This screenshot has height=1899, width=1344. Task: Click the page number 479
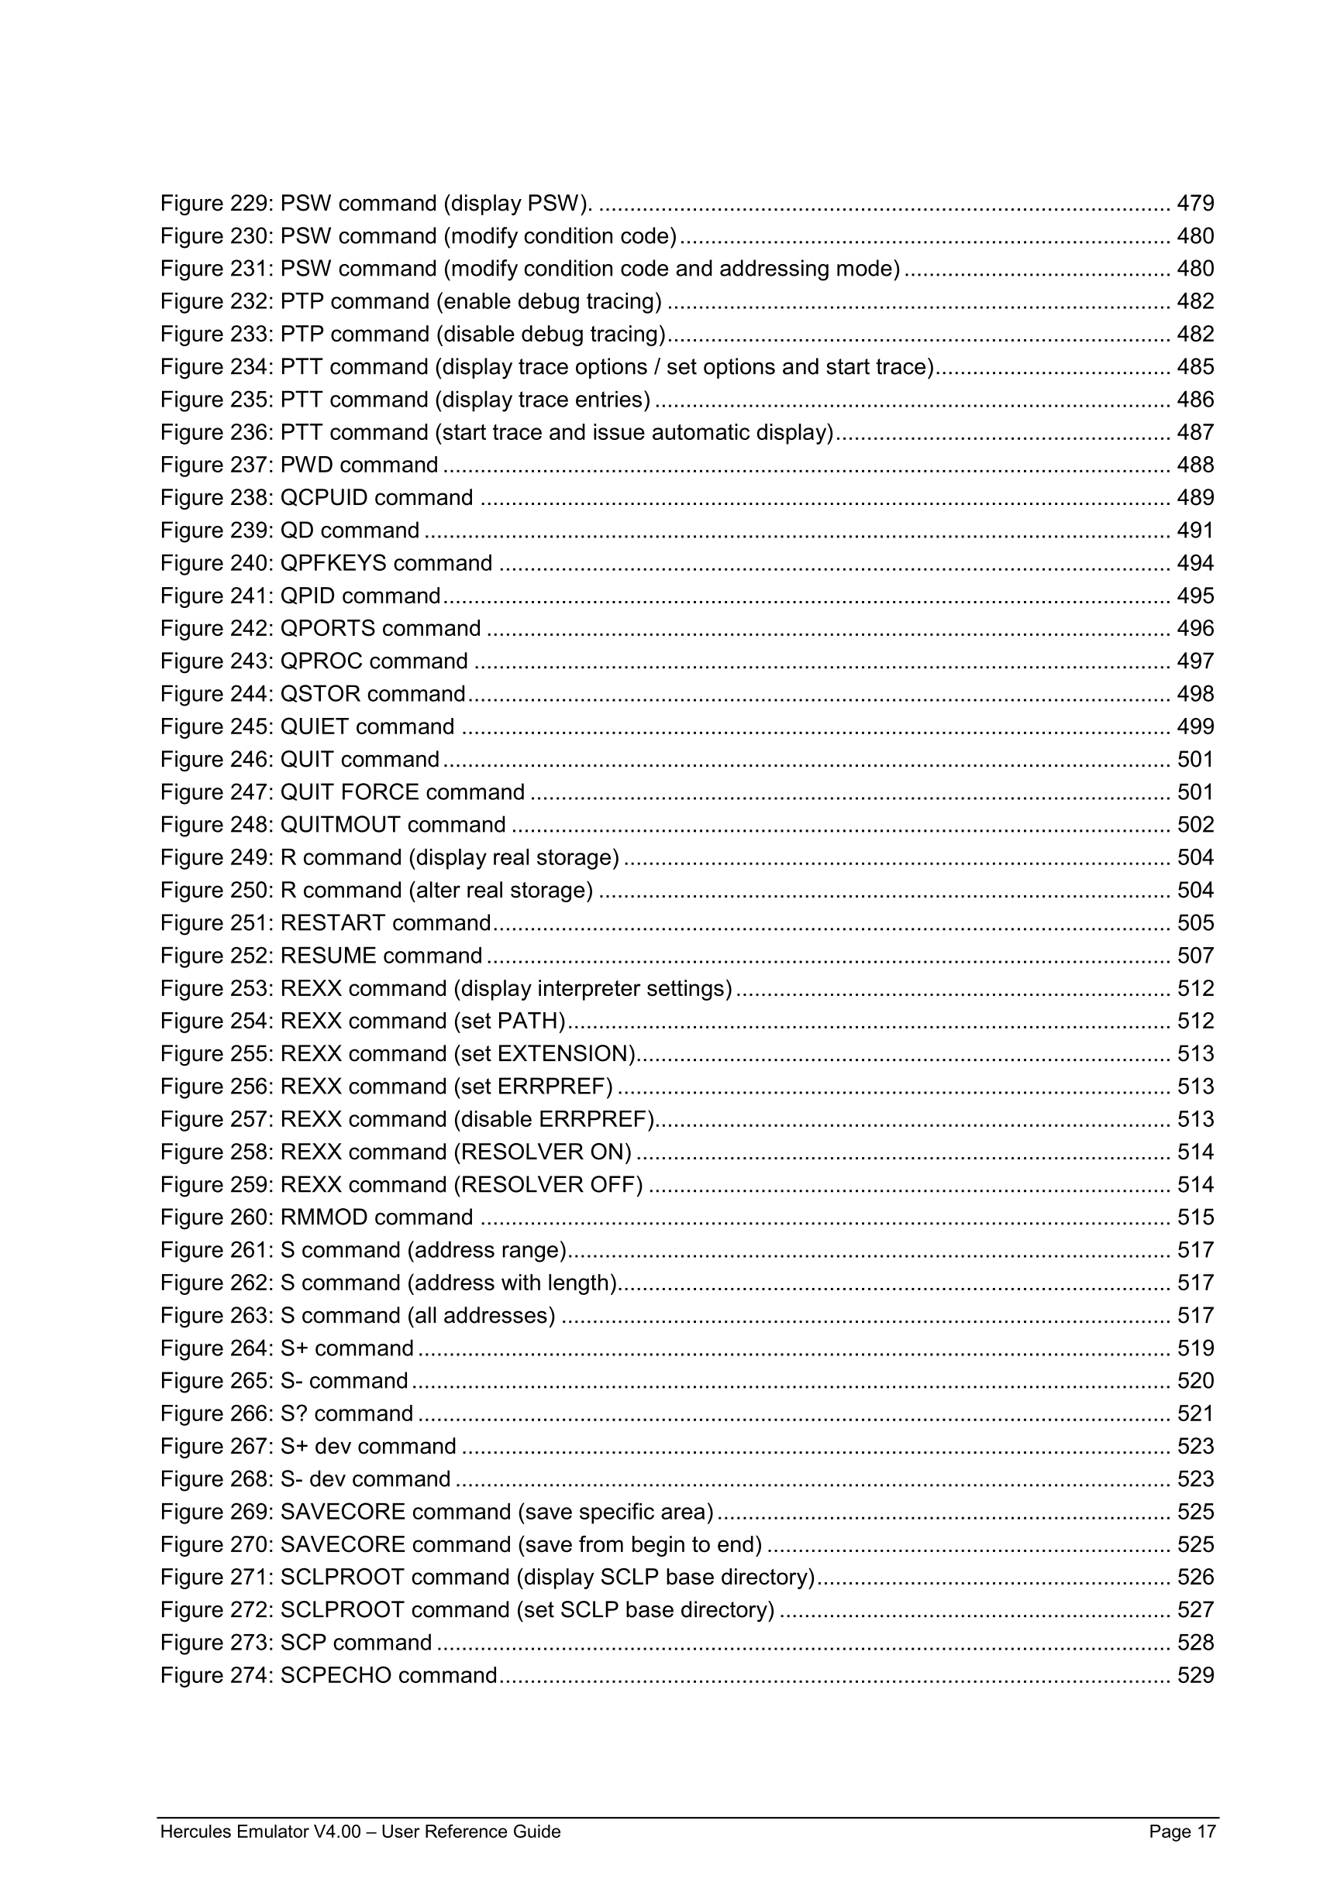pos(1195,204)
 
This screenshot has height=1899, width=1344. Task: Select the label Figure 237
pos(216,465)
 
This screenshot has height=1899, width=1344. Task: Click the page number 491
pos(1195,531)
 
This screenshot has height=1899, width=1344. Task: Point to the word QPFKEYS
pos(333,563)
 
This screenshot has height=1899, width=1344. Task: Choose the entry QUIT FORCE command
pos(402,792)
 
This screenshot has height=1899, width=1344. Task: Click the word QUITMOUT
pos(340,825)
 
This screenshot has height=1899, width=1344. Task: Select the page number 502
pos(1195,825)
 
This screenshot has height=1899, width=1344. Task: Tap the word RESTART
pos(333,923)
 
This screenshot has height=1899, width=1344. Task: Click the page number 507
pos(1195,956)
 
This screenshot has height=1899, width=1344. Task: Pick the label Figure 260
pos(216,1217)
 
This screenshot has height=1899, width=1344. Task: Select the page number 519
pos(1195,1348)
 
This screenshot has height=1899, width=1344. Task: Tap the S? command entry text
pos(346,1413)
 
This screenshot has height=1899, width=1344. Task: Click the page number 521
pos(1195,1413)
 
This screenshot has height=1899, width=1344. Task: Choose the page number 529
pos(1195,1676)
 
